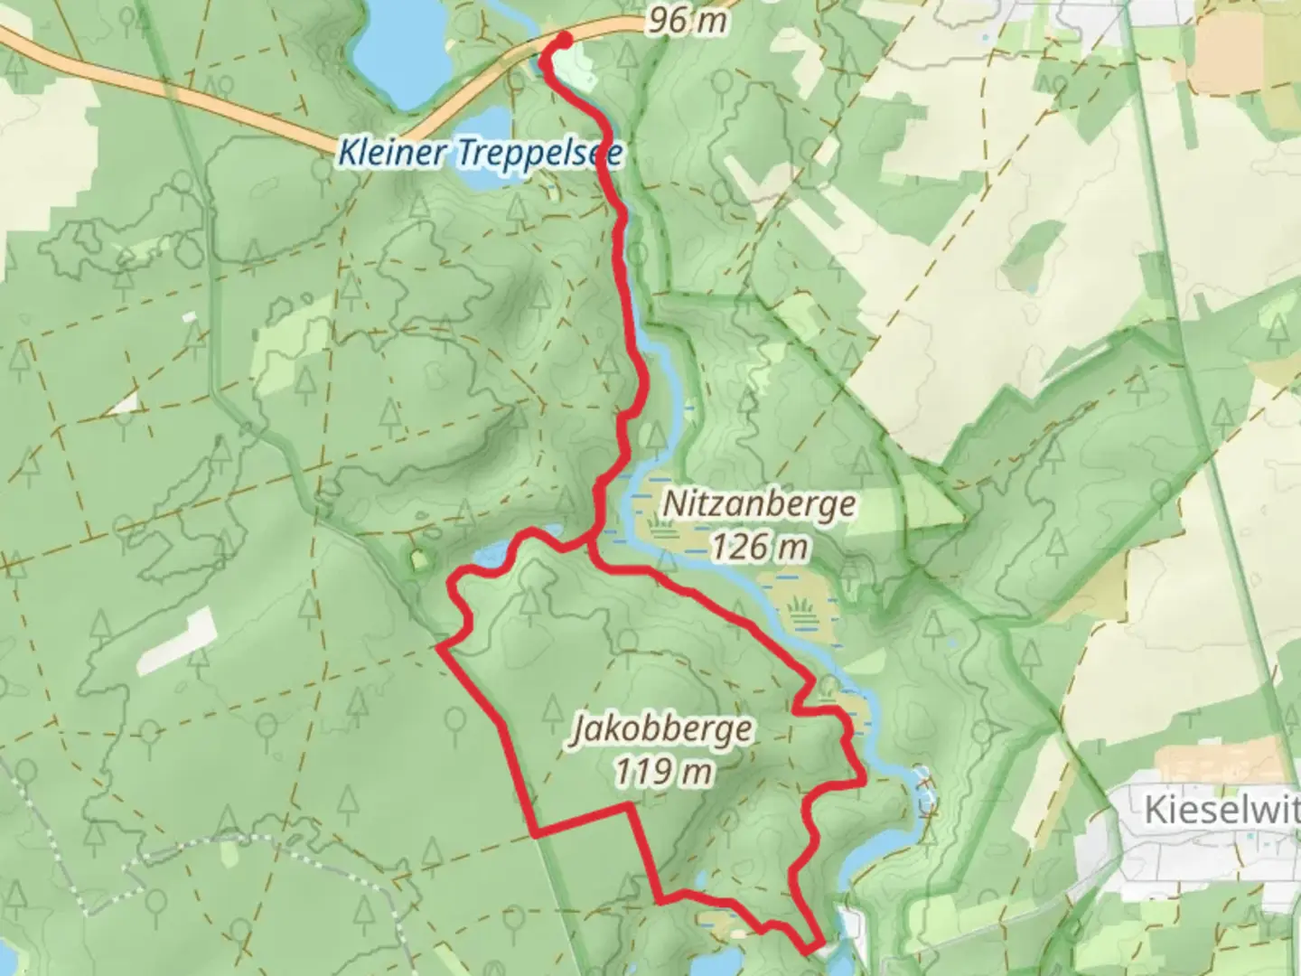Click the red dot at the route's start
pyautogui.click(x=563, y=40)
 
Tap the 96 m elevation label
pyautogui.click(x=687, y=20)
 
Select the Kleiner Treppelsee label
pyautogui.click(x=479, y=153)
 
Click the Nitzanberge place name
pyautogui.click(x=758, y=503)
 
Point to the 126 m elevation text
pyautogui.click(x=758, y=546)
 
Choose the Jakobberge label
pyautogui.click(x=661, y=729)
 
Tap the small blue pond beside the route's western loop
pyautogui.click(x=492, y=553)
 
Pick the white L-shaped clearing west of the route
pyautogui.click(x=178, y=641)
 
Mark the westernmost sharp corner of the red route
pyautogui.click(x=439, y=647)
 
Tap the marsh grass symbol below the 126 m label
pyautogui.click(x=800, y=605)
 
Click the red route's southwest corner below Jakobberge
pyautogui.click(x=538, y=834)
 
